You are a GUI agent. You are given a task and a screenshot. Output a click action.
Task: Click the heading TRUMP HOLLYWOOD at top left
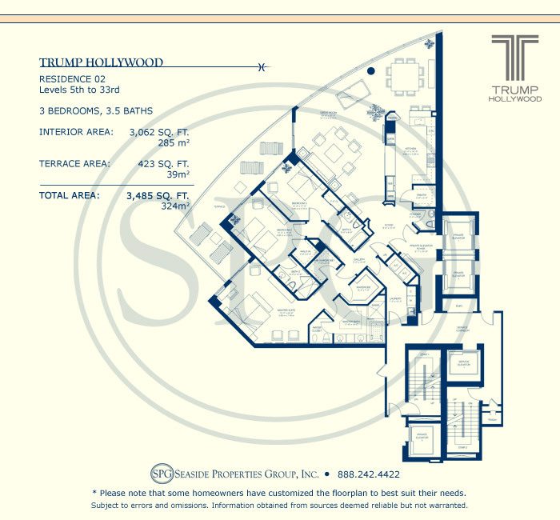tap(101, 62)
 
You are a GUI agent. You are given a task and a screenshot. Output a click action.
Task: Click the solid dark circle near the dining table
tap(370, 71)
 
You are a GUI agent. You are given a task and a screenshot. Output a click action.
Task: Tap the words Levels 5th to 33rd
tap(79, 90)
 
